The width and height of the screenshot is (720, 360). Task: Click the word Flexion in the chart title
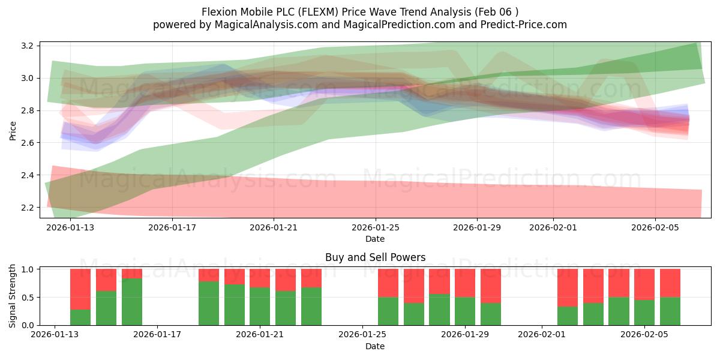[220, 11]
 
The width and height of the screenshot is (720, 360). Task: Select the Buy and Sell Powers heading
[375, 257]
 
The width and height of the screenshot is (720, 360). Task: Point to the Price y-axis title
[13, 130]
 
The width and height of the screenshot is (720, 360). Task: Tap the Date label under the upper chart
[375, 239]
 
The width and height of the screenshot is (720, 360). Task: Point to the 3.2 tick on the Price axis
[28, 46]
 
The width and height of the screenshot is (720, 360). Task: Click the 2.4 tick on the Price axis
[28, 175]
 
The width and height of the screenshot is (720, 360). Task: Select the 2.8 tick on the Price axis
[28, 111]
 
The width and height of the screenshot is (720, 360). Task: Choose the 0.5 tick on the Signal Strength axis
[28, 298]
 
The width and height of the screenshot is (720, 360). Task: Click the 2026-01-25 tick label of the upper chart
[376, 227]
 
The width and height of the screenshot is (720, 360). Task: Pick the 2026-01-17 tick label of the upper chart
[172, 227]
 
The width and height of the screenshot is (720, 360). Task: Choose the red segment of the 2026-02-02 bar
[568, 287]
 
